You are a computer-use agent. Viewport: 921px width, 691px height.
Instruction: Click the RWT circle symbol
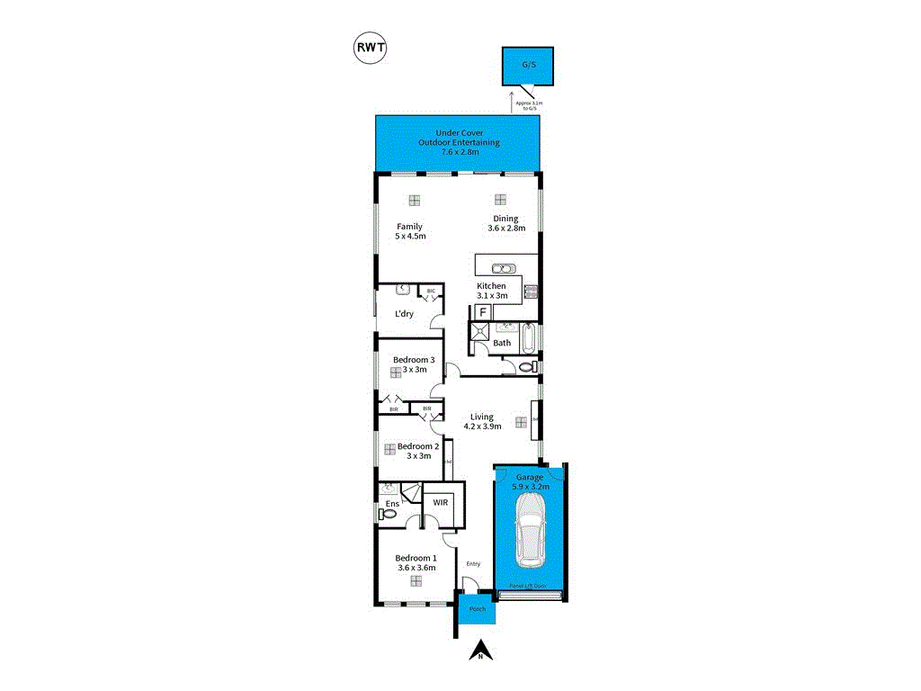coord(370,49)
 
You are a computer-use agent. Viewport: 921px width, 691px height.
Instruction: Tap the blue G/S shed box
coord(528,65)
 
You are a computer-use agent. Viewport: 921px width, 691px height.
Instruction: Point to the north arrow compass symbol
coord(481,650)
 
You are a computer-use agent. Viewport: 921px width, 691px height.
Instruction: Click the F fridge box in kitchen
coord(482,311)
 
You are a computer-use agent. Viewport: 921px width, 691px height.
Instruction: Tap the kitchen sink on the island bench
coord(503,268)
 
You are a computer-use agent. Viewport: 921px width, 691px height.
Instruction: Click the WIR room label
coord(441,503)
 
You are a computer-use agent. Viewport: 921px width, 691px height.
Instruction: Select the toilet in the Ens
coord(388,514)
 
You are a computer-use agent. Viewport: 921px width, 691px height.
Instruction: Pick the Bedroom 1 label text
coord(416,557)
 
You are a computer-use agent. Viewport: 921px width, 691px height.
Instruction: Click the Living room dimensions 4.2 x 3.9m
coord(482,427)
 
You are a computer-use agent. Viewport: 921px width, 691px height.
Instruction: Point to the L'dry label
coord(404,314)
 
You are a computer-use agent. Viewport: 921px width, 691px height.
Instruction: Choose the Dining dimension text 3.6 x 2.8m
coord(505,229)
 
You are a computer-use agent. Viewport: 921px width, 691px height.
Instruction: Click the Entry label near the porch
coord(473,564)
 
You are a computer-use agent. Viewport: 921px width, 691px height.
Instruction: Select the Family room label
coord(409,226)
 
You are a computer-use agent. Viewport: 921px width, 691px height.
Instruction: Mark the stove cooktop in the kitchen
coord(530,290)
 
